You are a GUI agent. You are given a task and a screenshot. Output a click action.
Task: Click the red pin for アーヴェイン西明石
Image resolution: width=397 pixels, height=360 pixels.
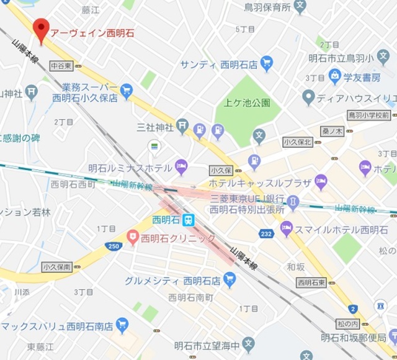pos(41,28)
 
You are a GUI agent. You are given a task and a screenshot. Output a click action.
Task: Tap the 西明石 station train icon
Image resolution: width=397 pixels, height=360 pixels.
pos(189,220)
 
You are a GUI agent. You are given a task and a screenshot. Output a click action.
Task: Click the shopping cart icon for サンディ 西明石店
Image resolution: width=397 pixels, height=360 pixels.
pos(267,64)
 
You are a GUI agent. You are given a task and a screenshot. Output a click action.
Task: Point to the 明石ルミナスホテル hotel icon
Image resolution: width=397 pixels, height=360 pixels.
pos(181,166)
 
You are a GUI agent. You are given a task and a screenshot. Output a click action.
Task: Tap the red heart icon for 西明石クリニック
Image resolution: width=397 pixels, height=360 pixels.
pos(132,237)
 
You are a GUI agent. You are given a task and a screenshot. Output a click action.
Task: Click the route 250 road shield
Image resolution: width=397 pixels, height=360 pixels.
pos(113,246)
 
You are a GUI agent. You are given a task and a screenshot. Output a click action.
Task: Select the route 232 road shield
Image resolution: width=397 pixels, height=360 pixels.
pos(266,234)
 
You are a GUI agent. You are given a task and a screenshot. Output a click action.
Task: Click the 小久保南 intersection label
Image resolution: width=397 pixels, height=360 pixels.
pos(57,267)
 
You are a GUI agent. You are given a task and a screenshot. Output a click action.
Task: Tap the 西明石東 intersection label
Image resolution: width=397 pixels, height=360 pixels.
pos(311,282)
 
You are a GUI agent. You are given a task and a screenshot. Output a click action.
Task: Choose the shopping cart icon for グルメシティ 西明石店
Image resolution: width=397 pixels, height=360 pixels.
pos(230,280)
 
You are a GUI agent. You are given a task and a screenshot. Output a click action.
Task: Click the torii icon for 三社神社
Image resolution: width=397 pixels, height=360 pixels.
pos(182,127)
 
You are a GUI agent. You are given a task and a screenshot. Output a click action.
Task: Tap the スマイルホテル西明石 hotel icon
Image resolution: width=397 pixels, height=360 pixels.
pos(287,230)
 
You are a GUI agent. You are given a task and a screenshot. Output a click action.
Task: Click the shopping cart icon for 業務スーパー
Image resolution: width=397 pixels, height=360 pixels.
pos(127,91)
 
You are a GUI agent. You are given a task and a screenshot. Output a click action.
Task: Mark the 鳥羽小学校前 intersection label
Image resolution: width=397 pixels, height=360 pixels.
pos(368,115)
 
